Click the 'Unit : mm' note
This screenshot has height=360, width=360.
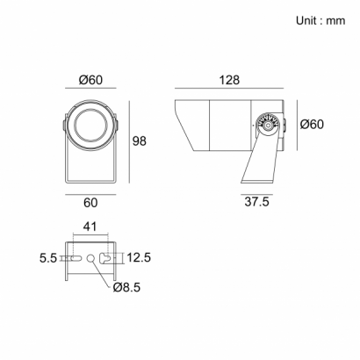click(320, 21)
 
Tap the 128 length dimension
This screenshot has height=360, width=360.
click(229, 80)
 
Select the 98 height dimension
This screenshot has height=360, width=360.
click(140, 141)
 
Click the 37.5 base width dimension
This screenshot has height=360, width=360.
click(256, 202)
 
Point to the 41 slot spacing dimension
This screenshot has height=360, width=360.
click(90, 227)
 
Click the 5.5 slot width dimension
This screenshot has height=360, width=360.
click(48, 258)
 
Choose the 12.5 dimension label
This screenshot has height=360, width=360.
click(139, 257)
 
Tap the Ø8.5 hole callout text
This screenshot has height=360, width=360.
click(126, 287)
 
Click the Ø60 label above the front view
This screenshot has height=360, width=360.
click(90, 80)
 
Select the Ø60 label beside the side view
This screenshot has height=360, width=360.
click(312, 125)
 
